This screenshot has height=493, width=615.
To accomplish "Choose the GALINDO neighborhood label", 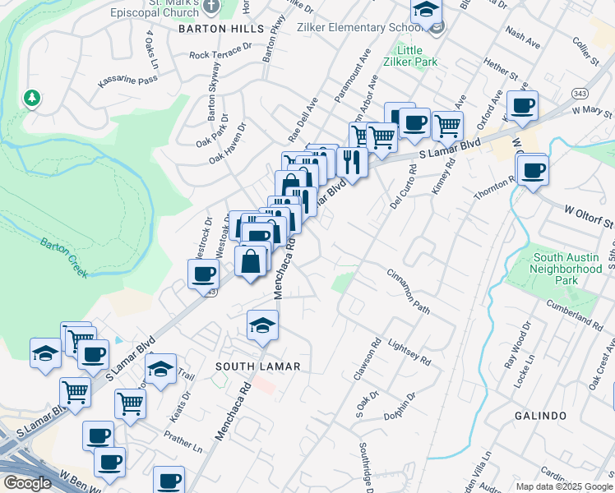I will (540, 416).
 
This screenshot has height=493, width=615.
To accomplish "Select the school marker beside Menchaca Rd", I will (262, 325).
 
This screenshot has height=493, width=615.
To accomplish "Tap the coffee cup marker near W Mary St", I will (522, 106).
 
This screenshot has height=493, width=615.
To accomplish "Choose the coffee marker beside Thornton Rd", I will (533, 170).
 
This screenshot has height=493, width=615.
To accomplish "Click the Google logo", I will (26, 483).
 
